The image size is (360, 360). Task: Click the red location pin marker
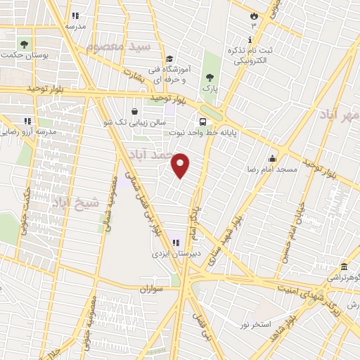pyautogui.click(x=181, y=165)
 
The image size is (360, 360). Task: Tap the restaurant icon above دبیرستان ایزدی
pyautogui.click(x=176, y=243)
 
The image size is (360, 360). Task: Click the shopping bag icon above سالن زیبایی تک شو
pyautogui.click(x=135, y=110)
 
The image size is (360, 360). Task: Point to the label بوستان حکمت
pyautogui.click(x=25, y=54)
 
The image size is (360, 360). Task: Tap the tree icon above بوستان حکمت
pyautogui.click(x=25, y=43)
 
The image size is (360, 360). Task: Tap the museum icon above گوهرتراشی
pyautogui.click(x=344, y=267)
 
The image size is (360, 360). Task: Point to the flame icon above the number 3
pyautogui.click(x=254, y=15)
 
